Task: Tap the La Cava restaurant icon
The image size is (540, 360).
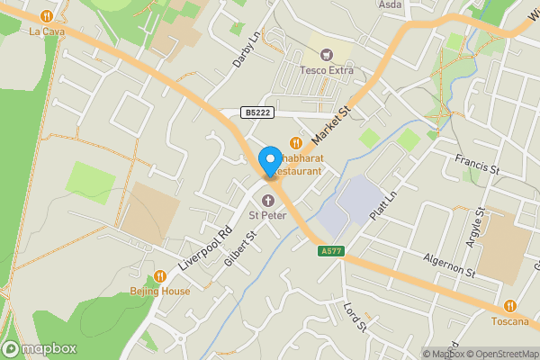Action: tap(47, 16)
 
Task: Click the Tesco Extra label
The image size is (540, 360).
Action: tap(326, 71)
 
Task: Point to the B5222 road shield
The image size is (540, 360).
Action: tap(256, 112)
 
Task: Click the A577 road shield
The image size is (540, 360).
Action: tap(331, 251)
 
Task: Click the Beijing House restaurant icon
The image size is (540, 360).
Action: tap(160, 275)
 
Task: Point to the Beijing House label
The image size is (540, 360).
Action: tap(160, 291)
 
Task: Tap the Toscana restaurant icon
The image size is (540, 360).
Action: tap(510, 306)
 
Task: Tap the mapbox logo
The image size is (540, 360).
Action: tap(40, 349)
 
